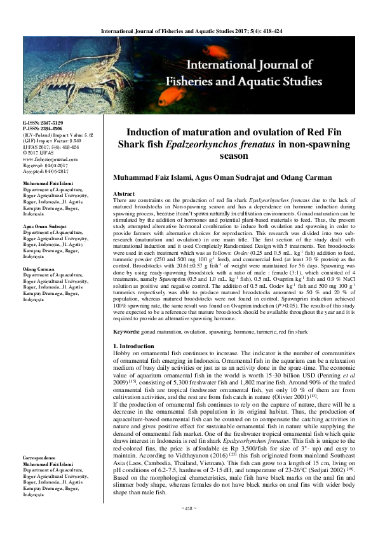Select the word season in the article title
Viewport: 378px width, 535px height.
237,155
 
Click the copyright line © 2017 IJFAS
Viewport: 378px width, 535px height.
39,153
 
